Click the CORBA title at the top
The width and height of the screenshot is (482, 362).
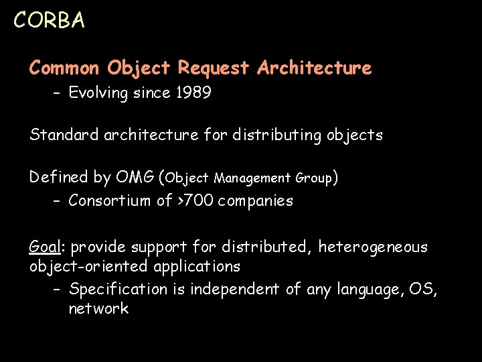(49, 21)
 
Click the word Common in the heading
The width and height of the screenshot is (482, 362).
(64, 68)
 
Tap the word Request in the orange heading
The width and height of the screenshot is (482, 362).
(214, 68)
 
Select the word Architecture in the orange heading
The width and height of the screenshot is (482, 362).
(314, 68)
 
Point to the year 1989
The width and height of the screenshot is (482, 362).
(193, 93)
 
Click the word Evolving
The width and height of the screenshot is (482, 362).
(98, 93)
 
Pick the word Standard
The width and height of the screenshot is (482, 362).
(64, 135)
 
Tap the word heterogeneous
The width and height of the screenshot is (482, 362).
(372, 247)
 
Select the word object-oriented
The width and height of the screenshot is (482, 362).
(89, 266)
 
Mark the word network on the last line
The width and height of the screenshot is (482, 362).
(98, 308)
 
